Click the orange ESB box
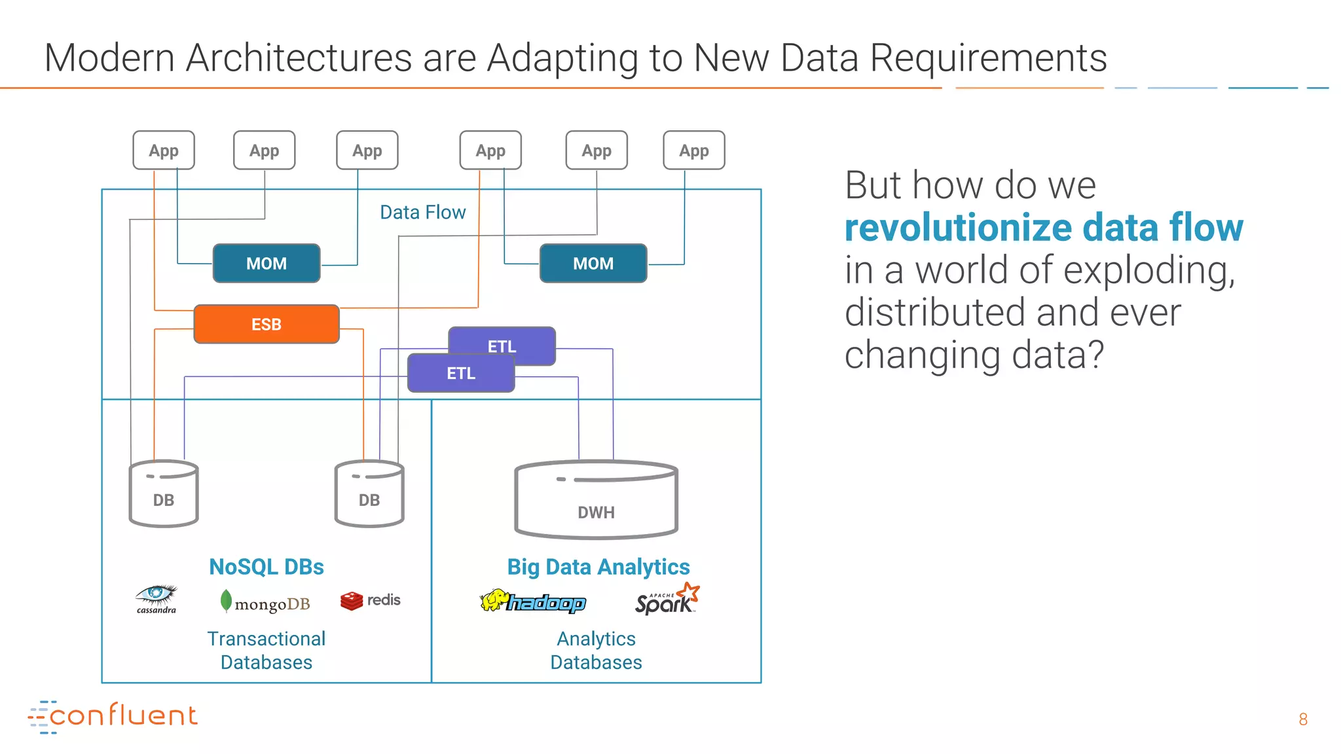coord(266,324)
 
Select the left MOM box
coord(266,263)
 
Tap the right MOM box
coord(593,263)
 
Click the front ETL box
coord(461,374)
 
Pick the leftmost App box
coord(164,151)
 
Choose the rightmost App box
coord(694,151)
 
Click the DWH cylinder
coord(596,501)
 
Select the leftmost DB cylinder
coord(164,495)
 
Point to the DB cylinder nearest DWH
coord(369,495)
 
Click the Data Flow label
coord(423,212)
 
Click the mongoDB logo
coord(265,602)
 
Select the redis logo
coord(371,600)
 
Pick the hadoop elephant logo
coord(533,601)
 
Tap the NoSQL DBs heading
coord(266,567)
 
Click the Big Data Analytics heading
coord(598,567)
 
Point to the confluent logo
coord(113,716)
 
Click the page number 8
coord(1303,719)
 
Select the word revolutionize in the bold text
coord(958,228)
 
